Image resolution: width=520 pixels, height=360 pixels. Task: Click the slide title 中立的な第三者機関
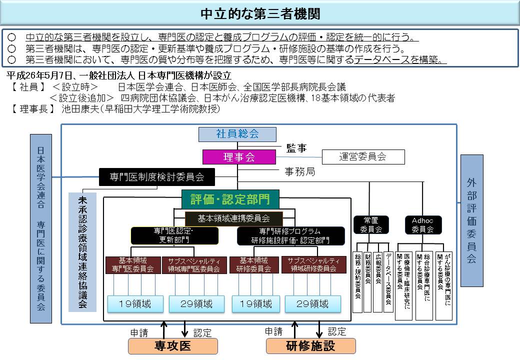(x=260, y=13)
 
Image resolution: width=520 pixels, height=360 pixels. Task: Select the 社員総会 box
(x=237, y=134)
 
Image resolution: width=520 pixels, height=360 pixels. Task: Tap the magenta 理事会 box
(x=239, y=157)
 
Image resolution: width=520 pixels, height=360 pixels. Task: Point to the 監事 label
(x=296, y=147)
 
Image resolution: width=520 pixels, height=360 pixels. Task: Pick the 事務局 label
(x=300, y=171)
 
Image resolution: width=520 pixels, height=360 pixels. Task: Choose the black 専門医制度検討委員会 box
(x=157, y=176)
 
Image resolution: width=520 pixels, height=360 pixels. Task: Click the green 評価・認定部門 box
(x=230, y=200)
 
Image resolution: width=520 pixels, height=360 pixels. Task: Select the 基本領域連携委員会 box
(x=233, y=218)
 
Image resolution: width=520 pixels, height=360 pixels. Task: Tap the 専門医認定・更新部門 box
(x=174, y=235)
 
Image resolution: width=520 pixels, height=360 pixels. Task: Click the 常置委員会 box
(x=371, y=224)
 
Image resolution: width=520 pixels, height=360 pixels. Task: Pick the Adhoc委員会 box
(x=422, y=224)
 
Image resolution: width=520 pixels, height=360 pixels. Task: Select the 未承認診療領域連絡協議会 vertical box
(x=82, y=251)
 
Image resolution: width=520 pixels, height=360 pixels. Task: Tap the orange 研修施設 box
(x=310, y=346)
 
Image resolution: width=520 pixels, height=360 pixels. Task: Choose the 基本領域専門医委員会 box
(x=133, y=265)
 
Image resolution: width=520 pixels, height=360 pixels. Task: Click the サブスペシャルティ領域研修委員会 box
(x=313, y=265)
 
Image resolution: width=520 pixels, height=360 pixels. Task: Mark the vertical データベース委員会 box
(x=388, y=282)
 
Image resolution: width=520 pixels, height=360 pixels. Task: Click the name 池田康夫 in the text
(x=80, y=108)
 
